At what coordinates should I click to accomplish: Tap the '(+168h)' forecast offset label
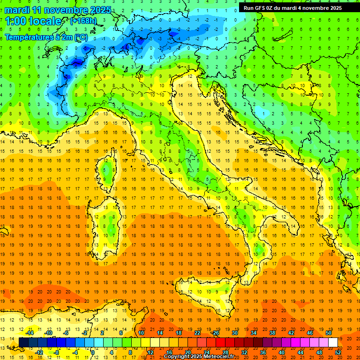83,21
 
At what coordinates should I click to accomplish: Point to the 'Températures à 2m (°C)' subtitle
46,37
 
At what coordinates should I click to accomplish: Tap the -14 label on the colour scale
30,333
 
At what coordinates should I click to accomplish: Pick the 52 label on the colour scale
338,352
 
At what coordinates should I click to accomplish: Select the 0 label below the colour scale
93,352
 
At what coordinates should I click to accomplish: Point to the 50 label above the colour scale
329,333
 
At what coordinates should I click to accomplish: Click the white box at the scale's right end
333,342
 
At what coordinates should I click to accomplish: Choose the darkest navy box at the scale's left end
23,342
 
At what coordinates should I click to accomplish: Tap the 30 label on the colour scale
234,333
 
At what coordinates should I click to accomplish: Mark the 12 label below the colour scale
150,352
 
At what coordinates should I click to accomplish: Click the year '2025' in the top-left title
100,10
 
